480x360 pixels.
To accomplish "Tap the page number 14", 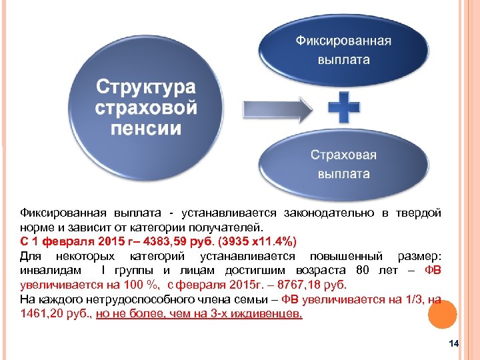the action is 455,343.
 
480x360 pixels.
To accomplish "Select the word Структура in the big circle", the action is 146,87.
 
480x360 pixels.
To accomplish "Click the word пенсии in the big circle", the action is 146,127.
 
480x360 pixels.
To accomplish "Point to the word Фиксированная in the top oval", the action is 343,41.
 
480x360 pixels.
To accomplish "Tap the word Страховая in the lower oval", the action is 343,155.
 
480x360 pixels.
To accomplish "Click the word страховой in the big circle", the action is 146,107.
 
